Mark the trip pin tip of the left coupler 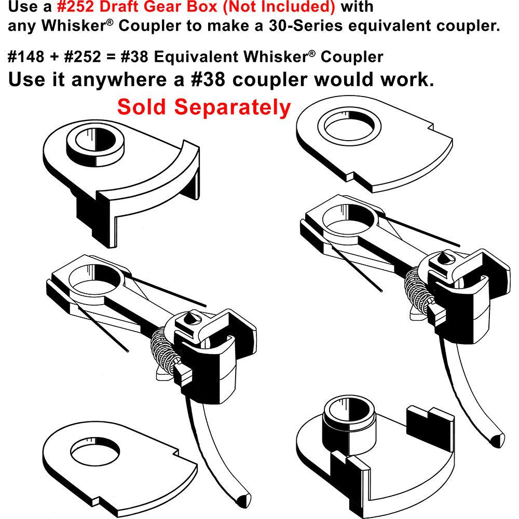[x=242, y=499]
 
